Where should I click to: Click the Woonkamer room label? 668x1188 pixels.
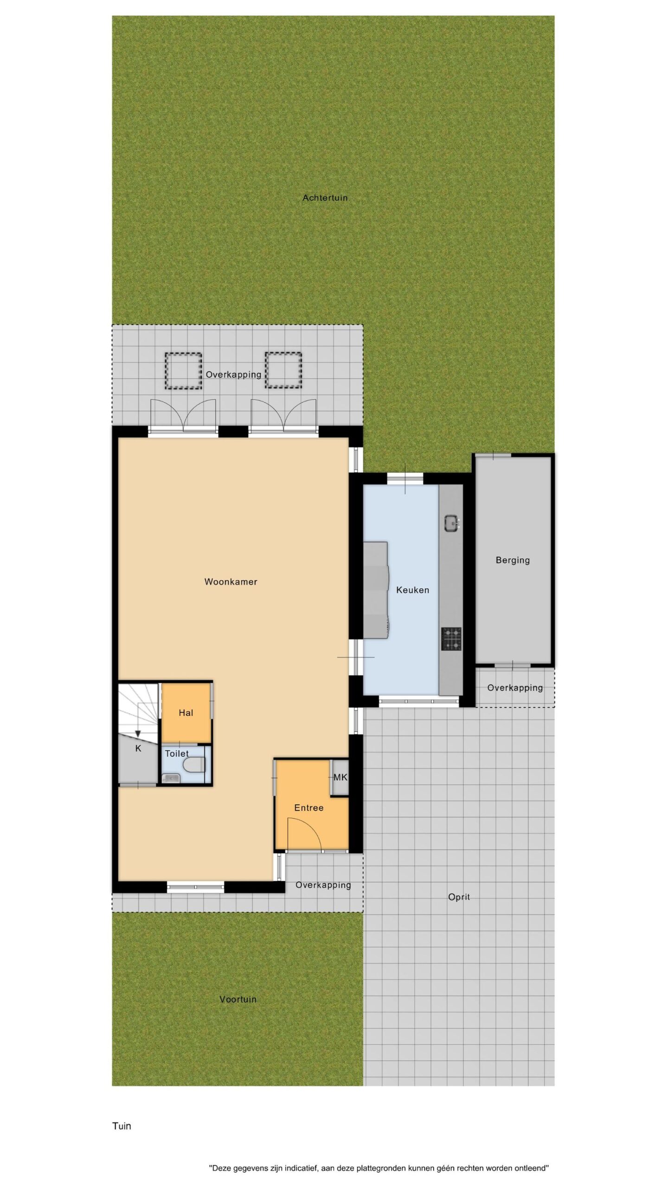[x=231, y=582]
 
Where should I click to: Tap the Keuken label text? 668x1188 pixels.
[x=412, y=590]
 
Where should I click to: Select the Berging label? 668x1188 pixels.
[x=513, y=561]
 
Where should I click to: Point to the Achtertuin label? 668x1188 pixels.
[x=325, y=198]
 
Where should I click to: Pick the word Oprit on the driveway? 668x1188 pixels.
[x=459, y=897]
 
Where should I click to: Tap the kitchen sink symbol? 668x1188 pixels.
[x=452, y=523]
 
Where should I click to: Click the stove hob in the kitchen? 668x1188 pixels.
[x=451, y=639]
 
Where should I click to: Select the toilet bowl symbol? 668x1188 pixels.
[x=195, y=764]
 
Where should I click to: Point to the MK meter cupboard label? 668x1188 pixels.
[x=340, y=777]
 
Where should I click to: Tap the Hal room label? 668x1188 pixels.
[x=186, y=713]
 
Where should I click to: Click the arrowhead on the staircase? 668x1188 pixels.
[x=138, y=733]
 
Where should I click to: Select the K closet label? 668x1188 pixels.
[x=138, y=749]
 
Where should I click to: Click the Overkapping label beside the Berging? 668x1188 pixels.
[x=515, y=688]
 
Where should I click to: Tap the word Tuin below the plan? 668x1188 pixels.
[x=122, y=1126]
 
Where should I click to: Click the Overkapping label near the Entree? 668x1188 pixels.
[x=323, y=885]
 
